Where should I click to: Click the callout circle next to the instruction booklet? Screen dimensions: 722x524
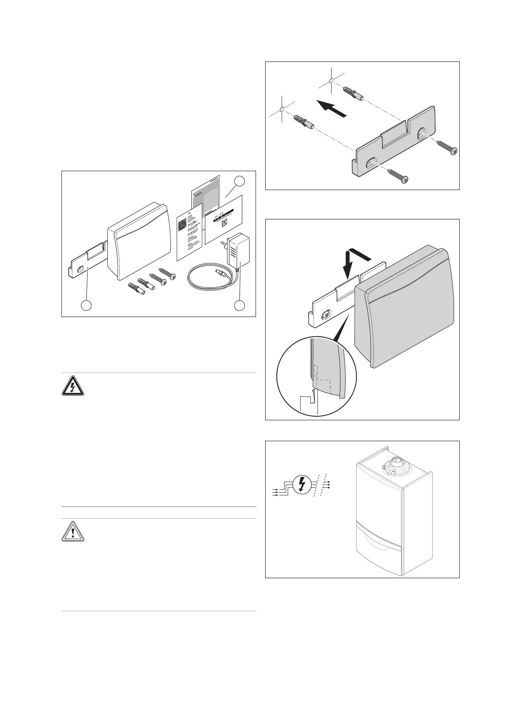[x=239, y=181]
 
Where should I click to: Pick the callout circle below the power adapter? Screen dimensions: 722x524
[x=239, y=305]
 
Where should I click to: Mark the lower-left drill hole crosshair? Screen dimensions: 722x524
[x=282, y=109]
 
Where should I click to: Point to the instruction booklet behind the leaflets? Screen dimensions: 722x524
[x=205, y=193]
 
